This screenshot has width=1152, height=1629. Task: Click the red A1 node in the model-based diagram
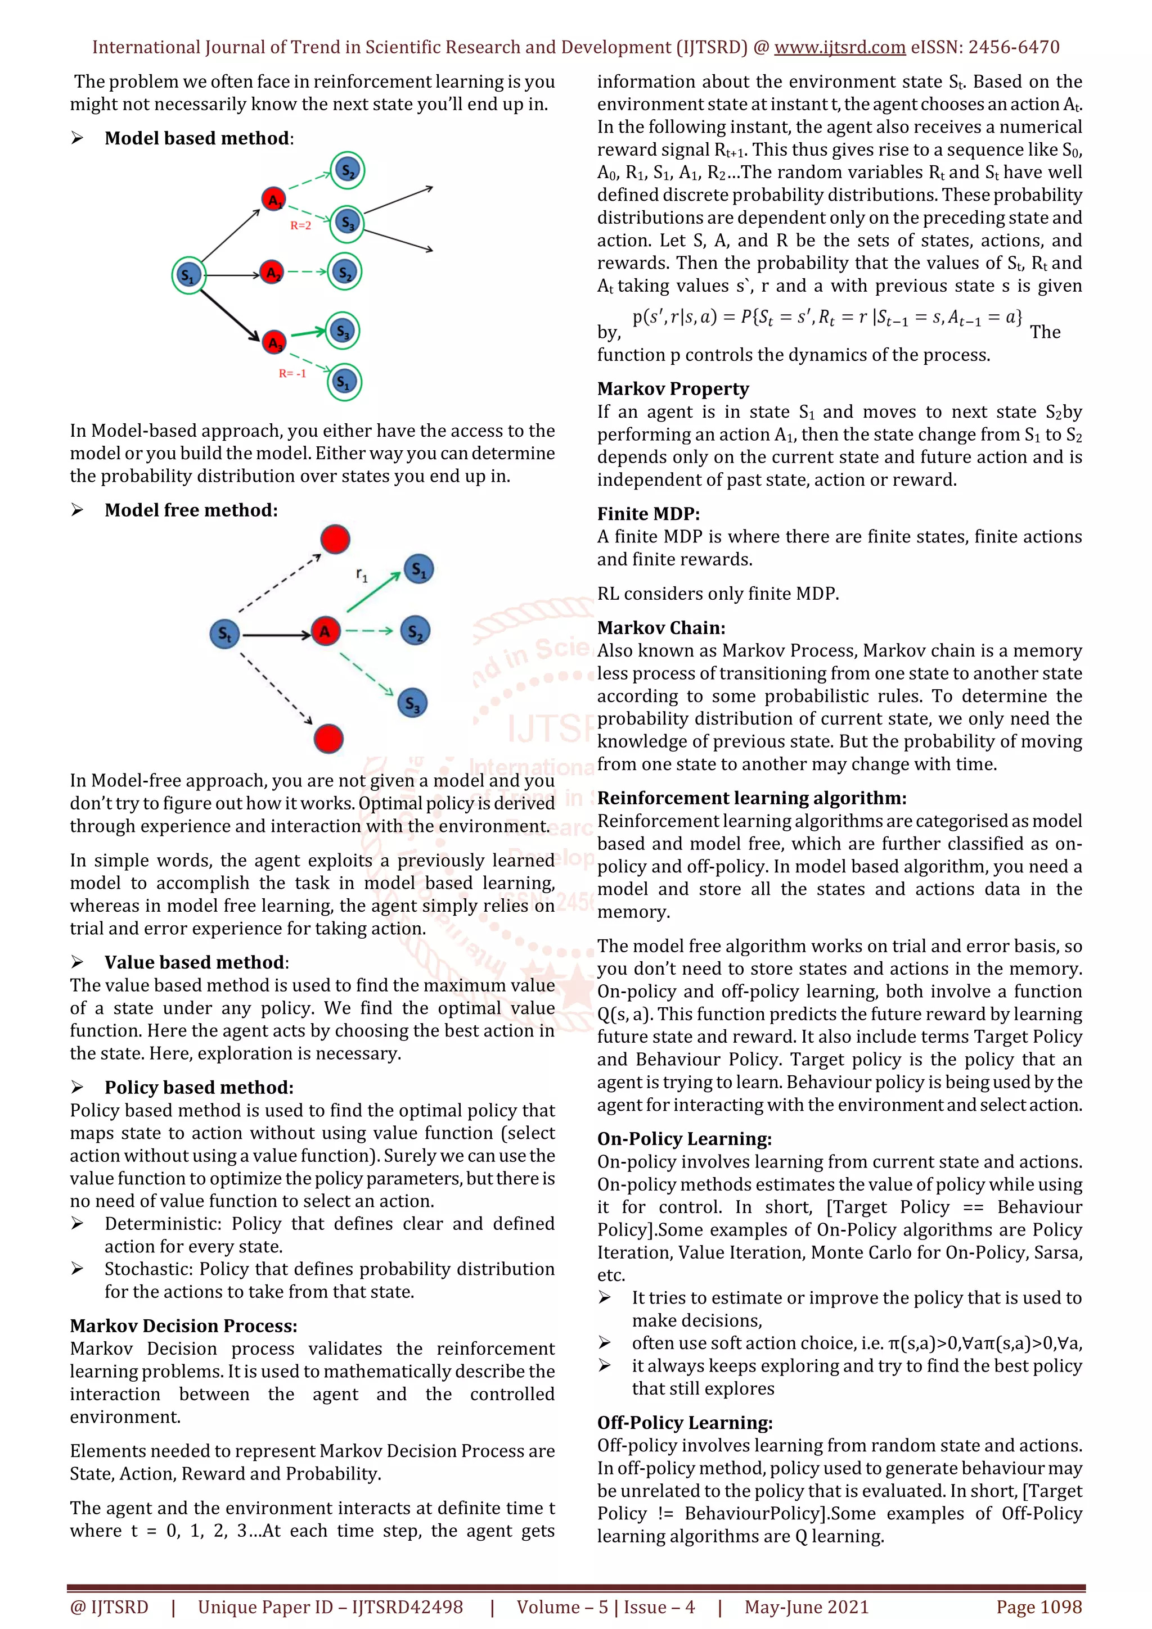(x=273, y=200)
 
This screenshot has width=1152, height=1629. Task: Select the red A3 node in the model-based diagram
(x=274, y=343)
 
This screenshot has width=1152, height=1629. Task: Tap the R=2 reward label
(x=300, y=225)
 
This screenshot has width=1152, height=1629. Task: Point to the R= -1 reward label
(x=292, y=373)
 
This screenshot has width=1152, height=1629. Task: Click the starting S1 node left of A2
(x=188, y=275)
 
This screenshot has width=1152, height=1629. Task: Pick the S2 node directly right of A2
(x=345, y=273)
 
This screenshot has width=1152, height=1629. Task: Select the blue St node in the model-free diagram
(x=224, y=633)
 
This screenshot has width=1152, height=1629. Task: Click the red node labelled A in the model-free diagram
(x=325, y=631)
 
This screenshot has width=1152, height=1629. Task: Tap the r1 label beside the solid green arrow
(x=362, y=574)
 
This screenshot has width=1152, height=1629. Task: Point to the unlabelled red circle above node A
(x=335, y=539)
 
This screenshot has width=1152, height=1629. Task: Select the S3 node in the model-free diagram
(x=412, y=703)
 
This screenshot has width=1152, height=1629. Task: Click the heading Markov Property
(x=673, y=389)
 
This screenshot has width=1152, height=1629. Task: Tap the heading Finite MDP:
(x=648, y=514)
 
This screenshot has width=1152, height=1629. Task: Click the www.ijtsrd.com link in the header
(x=839, y=48)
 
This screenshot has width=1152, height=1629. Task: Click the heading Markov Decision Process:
(x=183, y=1325)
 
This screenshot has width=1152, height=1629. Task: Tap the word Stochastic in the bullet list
(x=147, y=1269)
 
